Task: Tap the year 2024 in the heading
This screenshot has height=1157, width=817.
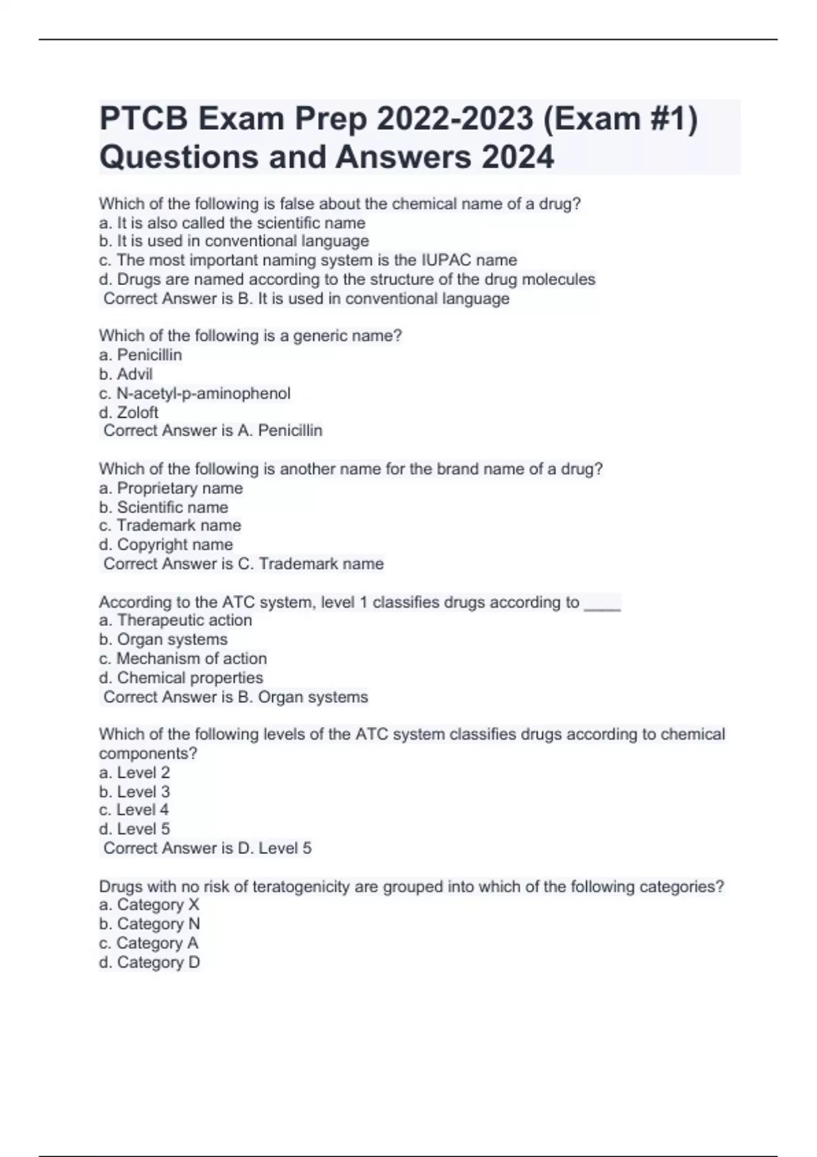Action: click(x=517, y=157)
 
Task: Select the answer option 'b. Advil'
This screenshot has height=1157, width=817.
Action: click(x=125, y=374)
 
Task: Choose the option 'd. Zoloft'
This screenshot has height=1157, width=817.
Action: click(x=128, y=412)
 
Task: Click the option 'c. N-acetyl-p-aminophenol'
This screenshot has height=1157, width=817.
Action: click(x=194, y=393)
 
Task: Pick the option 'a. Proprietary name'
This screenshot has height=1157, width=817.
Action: click(x=170, y=488)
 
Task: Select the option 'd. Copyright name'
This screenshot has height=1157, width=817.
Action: click(x=165, y=544)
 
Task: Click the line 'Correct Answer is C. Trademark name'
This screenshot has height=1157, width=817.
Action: click(x=243, y=564)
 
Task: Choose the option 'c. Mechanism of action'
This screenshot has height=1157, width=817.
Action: click(x=182, y=658)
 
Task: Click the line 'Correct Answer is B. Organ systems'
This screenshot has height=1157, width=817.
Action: click(x=236, y=697)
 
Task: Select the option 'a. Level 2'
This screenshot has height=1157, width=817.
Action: click(x=134, y=772)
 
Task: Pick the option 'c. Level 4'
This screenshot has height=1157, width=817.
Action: click(x=133, y=810)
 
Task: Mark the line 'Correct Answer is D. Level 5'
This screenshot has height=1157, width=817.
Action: click(x=207, y=848)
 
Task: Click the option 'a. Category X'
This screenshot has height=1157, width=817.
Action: click(x=149, y=905)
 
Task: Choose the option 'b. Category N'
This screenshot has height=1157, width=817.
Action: click(x=149, y=924)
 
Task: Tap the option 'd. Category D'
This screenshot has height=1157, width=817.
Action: click(x=149, y=962)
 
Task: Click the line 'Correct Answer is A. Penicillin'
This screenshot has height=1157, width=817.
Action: click(x=212, y=430)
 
